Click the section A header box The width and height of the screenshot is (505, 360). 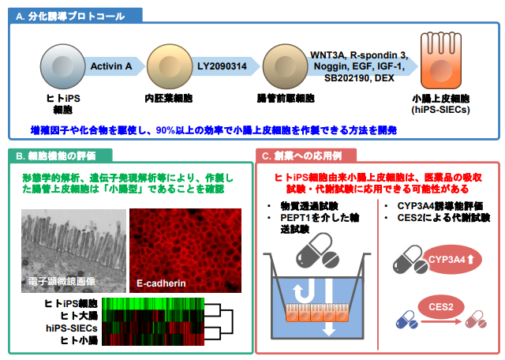(76, 14)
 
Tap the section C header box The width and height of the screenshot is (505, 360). (308, 155)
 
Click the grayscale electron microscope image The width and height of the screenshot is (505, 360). (72, 248)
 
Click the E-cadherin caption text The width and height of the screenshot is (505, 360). (161, 281)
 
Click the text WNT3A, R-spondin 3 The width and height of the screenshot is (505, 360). (359, 54)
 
